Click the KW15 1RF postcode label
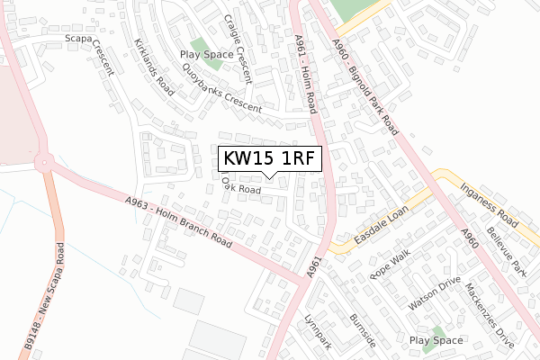[271, 158]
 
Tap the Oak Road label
[241, 190]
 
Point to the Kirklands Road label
[153, 67]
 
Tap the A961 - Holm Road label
[306, 72]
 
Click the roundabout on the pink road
[42, 164]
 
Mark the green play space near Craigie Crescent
[200, 49]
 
